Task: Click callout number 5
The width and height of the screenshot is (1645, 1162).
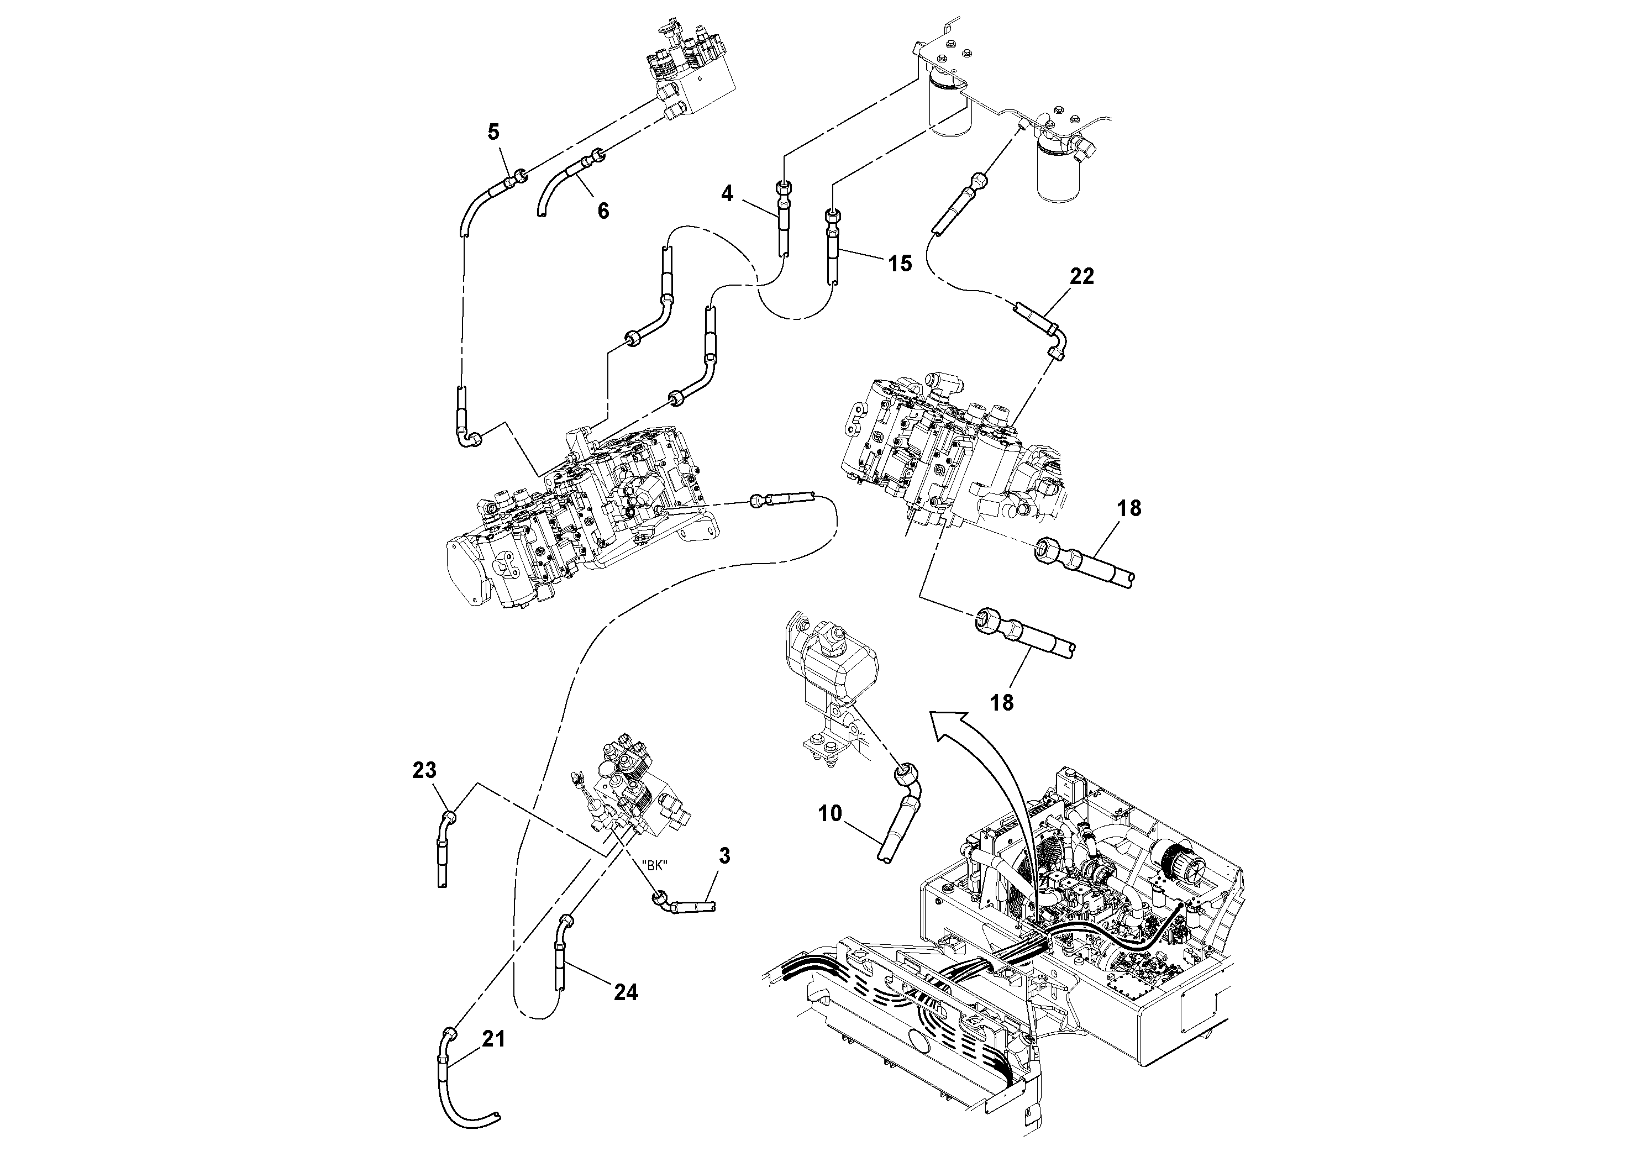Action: (493, 132)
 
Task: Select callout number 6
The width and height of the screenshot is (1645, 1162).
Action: (603, 211)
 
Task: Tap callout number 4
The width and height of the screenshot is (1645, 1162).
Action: (727, 193)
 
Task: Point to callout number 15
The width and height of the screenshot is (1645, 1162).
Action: (900, 264)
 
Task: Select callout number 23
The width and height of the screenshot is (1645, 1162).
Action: (424, 771)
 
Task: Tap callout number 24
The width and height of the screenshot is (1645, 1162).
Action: (626, 992)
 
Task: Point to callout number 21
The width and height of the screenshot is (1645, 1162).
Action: (493, 1039)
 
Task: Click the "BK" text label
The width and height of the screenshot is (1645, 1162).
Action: (654, 865)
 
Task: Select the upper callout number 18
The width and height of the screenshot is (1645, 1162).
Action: (1128, 509)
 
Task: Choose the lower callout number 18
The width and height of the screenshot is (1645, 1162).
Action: (1002, 703)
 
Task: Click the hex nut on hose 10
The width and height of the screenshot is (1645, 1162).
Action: (903, 773)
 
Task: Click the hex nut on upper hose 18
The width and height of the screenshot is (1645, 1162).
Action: (1049, 551)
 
